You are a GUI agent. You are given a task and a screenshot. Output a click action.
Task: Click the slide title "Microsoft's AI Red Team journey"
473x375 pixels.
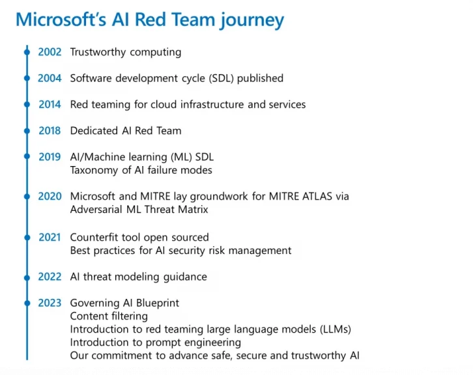tap(150, 19)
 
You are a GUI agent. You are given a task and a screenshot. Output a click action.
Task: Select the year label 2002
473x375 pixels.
tap(50, 52)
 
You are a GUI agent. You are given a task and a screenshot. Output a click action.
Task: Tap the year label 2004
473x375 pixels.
tap(50, 78)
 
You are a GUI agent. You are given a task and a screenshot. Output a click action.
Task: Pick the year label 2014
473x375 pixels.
tap(50, 104)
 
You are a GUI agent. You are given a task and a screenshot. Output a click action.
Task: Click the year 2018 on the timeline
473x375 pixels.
tap(50, 131)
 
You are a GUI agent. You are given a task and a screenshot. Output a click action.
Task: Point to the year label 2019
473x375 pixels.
tap(50, 157)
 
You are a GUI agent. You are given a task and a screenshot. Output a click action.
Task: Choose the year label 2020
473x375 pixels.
tap(50, 196)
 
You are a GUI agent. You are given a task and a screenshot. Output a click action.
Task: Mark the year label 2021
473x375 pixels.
tap(50, 238)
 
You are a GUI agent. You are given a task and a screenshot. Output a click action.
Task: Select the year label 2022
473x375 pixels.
tap(50, 277)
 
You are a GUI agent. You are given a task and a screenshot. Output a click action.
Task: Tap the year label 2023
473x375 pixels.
tap(50, 303)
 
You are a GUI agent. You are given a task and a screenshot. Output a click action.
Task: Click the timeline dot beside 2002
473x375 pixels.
tap(27, 52)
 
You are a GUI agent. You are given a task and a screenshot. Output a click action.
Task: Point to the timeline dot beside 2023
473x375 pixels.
tap(27, 303)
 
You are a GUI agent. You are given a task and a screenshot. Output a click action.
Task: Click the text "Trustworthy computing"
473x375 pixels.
tap(126, 52)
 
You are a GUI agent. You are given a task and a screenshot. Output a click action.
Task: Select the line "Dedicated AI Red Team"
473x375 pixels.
tap(126, 131)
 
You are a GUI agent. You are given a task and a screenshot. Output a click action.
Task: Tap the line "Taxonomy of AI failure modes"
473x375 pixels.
tap(141, 170)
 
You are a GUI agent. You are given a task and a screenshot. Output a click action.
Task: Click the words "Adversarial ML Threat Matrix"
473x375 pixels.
tap(139, 210)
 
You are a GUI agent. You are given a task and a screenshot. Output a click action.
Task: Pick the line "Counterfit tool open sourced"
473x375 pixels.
tap(139, 238)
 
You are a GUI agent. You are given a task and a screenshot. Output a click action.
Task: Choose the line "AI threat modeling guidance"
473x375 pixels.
tap(138, 277)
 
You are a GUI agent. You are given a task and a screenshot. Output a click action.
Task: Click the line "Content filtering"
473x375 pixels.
tap(109, 316)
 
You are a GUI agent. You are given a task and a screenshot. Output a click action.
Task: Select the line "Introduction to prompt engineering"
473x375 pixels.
tap(155, 342)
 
